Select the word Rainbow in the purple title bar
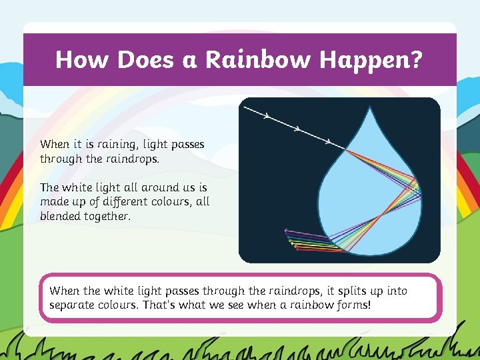tap(257, 60)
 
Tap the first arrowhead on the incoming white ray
tap(267, 116)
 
